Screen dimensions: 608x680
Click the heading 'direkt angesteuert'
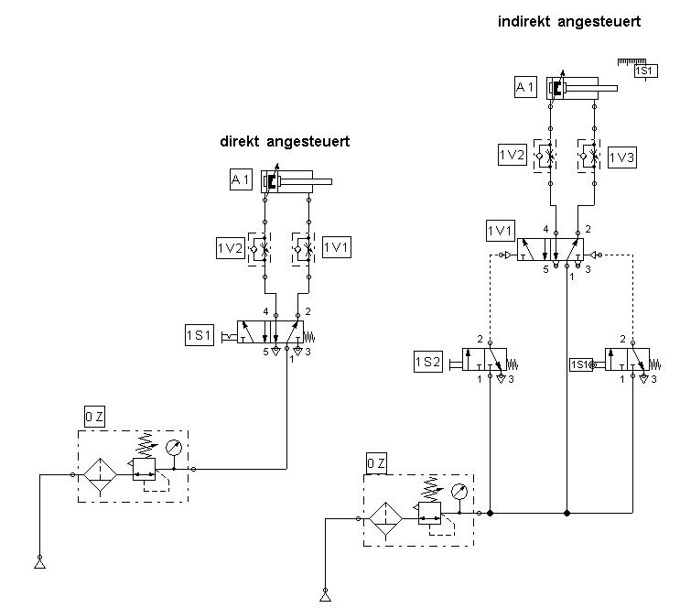pyautogui.click(x=285, y=142)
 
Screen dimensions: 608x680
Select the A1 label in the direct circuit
pyautogui.click(x=241, y=180)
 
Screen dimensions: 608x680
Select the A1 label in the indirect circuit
pyautogui.click(x=525, y=87)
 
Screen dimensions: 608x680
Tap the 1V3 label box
pyautogui.click(x=621, y=157)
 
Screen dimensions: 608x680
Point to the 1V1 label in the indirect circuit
pyautogui.click(x=500, y=229)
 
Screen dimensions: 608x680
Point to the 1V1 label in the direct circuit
pyautogui.click(x=336, y=248)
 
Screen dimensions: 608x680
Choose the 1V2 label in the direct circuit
pyautogui.click(x=229, y=248)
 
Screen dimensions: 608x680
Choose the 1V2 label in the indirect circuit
pyautogui.click(x=513, y=156)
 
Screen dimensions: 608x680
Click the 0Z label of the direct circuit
pyautogui.click(x=93, y=418)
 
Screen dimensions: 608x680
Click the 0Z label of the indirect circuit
pyautogui.click(x=376, y=464)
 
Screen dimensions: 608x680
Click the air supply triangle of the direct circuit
pyautogui.click(x=39, y=560)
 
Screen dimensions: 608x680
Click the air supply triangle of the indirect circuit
pyautogui.click(x=325, y=596)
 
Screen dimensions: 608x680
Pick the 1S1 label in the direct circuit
pyautogui.click(x=199, y=336)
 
